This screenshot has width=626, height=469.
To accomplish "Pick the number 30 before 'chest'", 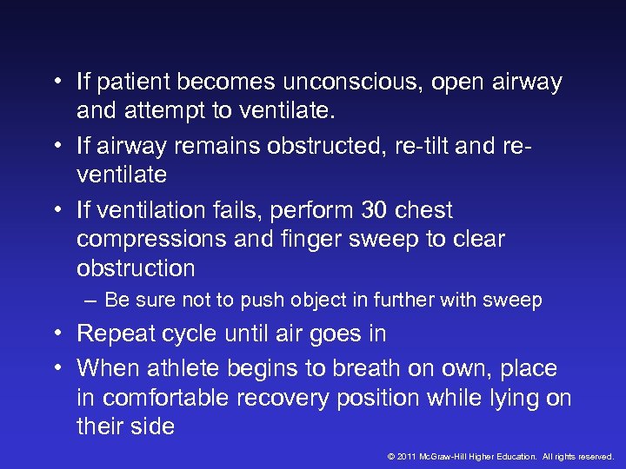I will [x=375, y=211].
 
